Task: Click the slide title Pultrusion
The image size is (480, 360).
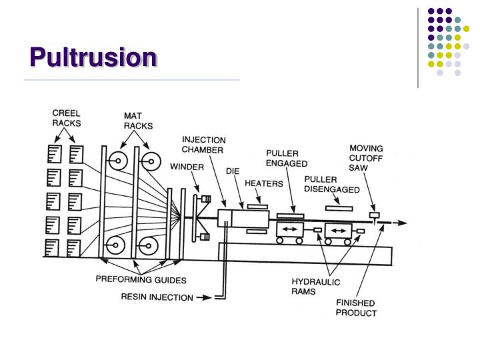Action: [93, 57]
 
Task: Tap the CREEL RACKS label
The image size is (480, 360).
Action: [67, 118]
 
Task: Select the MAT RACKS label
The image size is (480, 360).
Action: [138, 121]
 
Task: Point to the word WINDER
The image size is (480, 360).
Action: [187, 167]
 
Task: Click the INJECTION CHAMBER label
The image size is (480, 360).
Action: [203, 145]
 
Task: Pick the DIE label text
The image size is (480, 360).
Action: [233, 171]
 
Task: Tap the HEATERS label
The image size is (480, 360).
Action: [264, 184]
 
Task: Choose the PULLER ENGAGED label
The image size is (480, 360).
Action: [287, 158]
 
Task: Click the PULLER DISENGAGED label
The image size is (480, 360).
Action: [332, 185]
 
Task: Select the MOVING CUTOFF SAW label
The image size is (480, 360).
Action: [366, 158]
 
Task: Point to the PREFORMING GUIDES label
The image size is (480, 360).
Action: [141, 280]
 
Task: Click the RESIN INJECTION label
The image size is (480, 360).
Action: [157, 297]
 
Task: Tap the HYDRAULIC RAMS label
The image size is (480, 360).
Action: [315, 287]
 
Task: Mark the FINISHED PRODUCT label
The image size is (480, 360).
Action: [356, 308]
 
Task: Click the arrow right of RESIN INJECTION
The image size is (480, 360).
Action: [204, 297]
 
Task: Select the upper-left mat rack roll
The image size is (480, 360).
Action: [118, 161]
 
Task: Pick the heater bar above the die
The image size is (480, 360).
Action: [257, 207]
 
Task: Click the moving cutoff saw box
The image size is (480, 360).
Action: [375, 215]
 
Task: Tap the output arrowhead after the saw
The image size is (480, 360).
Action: [403, 223]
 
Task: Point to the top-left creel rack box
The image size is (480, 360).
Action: [55, 154]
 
